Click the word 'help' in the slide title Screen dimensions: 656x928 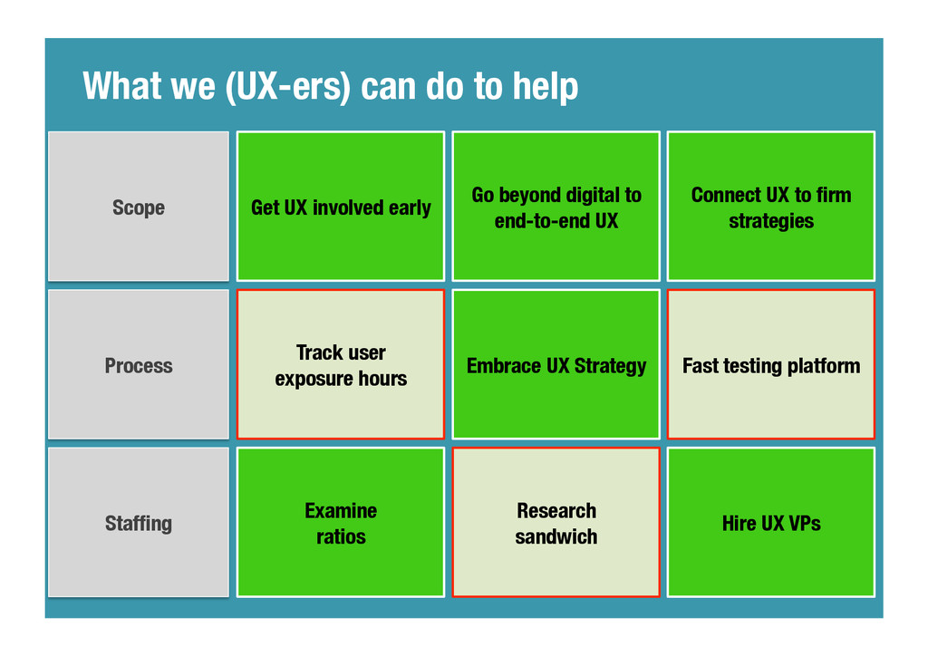[545, 88]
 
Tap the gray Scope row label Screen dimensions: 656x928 [139, 207]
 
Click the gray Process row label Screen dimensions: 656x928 [139, 365]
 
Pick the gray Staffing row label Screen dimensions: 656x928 [139, 523]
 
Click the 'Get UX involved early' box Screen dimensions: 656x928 [341, 207]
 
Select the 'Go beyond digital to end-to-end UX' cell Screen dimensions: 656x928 [556, 207]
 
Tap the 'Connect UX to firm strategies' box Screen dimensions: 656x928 [771, 207]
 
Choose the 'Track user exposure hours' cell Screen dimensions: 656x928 [341, 365]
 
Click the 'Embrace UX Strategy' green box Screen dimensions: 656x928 [556, 365]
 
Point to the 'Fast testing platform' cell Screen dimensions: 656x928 [771, 365]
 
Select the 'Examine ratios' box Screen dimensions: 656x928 [341, 523]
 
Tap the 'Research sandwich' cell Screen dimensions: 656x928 [556, 523]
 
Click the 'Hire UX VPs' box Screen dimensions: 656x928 [771, 523]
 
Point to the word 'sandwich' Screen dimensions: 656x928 [556, 536]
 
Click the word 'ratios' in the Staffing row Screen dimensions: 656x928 [341, 536]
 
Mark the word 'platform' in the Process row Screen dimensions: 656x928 [824, 366]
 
